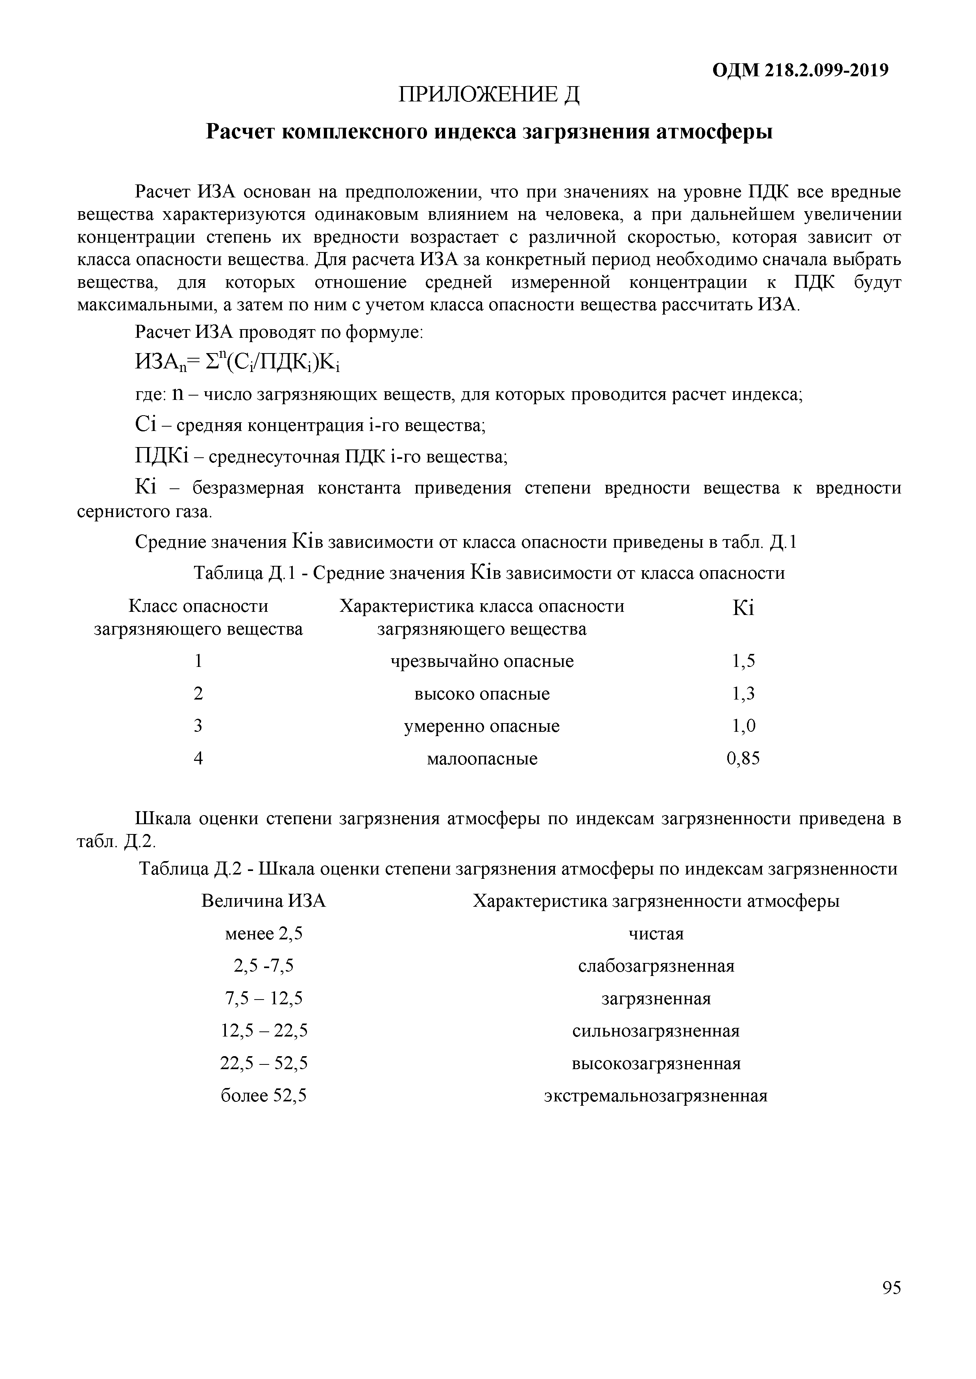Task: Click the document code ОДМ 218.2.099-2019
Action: click(x=800, y=70)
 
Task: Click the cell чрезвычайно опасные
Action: click(x=482, y=661)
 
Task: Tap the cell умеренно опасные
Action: click(x=482, y=726)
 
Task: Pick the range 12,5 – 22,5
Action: click(x=264, y=1031)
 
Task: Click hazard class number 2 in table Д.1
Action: click(x=198, y=694)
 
